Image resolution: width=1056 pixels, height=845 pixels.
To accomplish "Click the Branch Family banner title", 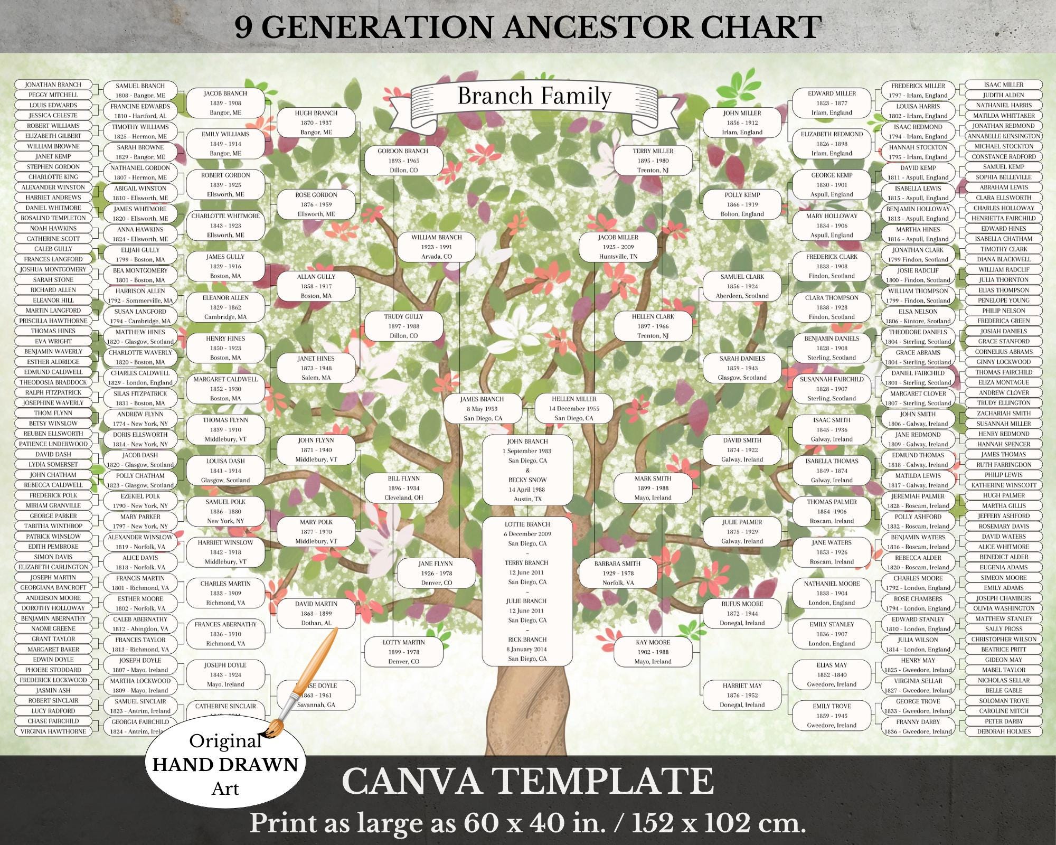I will point(534,97).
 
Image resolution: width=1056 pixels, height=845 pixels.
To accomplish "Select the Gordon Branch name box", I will point(403,161).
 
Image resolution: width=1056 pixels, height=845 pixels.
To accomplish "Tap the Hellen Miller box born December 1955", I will point(574,408).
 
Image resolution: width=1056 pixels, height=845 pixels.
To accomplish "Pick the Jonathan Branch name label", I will point(53,84).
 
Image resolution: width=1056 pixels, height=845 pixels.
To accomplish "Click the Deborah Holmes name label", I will point(1003,731).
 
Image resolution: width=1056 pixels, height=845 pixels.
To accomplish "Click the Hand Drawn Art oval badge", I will point(225,765).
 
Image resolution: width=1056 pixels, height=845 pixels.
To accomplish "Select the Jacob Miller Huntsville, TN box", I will point(618,247).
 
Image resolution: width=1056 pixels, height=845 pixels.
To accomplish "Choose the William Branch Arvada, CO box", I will point(436,247).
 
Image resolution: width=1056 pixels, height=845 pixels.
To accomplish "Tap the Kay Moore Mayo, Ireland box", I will point(653,652).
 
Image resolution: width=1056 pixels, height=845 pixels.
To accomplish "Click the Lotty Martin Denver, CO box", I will point(403,652).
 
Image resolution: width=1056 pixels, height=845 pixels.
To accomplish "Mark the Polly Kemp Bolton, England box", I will point(742,204).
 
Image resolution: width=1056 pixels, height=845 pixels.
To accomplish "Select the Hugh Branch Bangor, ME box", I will point(316,123).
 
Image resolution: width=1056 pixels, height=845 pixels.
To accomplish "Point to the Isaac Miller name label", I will point(1003,84).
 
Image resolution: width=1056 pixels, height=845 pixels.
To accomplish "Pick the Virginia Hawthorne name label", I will point(53,731).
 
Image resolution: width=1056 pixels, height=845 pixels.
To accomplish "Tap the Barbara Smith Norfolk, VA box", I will point(618,573).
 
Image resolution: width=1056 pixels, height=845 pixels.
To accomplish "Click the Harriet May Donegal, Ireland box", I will point(742,695).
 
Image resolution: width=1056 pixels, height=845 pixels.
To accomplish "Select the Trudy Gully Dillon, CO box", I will point(403,326).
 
